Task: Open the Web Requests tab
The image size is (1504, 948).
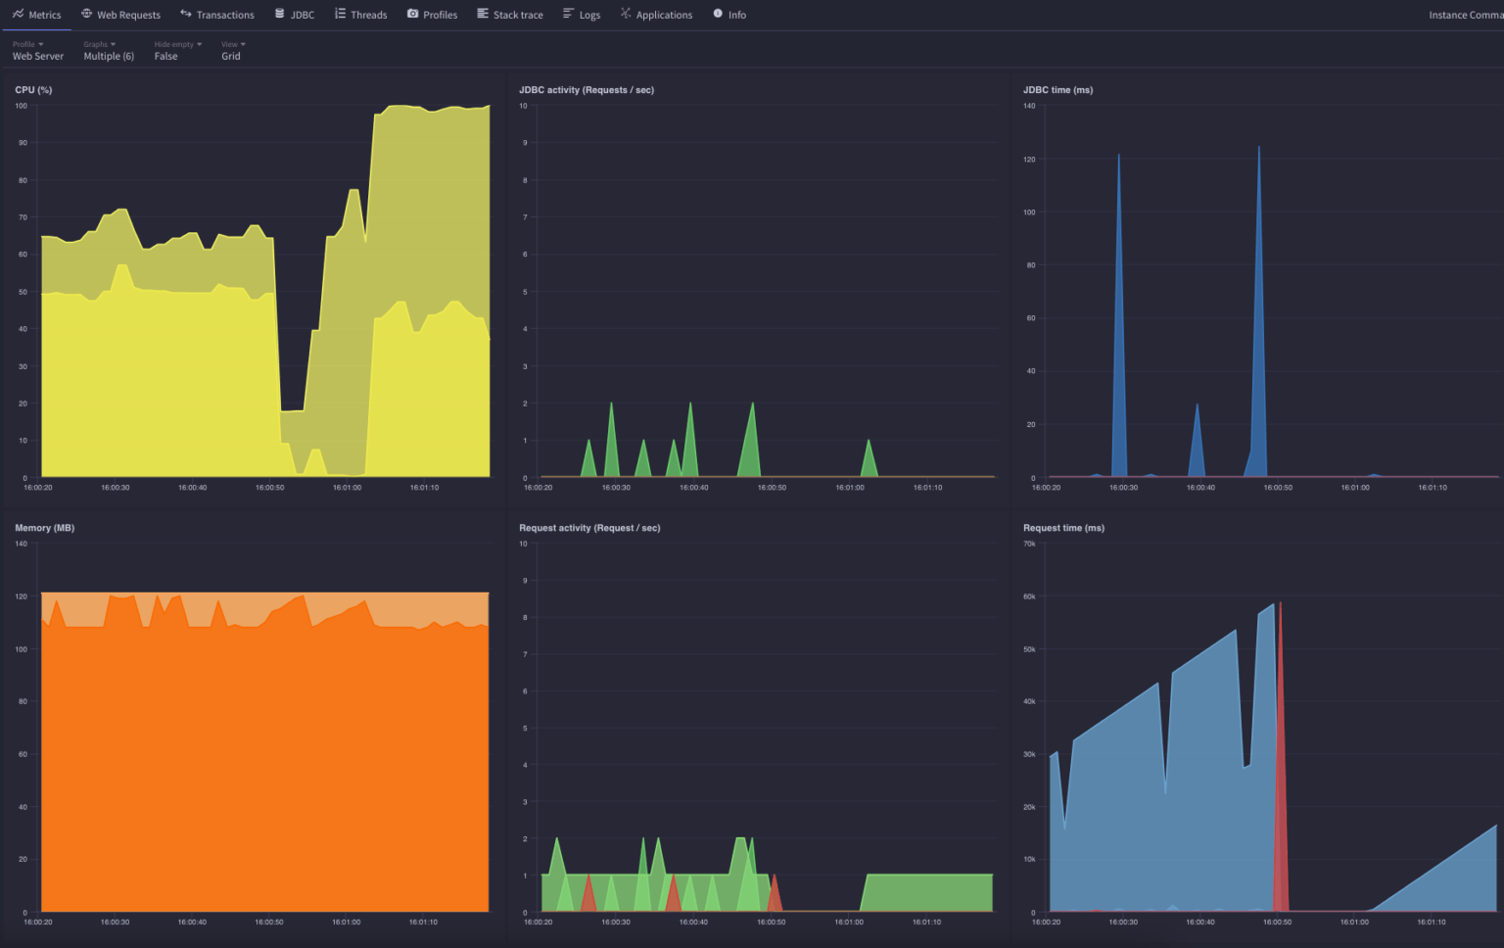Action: pyautogui.click(x=120, y=15)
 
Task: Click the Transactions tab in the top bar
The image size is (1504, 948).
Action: pyautogui.click(x=217, y=15)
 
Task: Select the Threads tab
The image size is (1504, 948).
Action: pyautogui.click(x=360, y=15)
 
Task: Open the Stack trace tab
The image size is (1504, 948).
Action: pyautogui.click(x=510, y=15)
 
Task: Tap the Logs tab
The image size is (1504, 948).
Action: pyautogui.click(x=582, y=15)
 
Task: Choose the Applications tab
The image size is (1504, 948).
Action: pyautogui.click(x=656, y=15)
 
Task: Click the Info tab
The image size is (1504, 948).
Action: pyautogui.click(x=729, y=15)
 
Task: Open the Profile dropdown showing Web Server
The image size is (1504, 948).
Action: pyautogui.click(x=37, y=51)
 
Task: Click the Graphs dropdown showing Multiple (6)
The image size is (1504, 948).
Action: pyautogui.click(x=108, y=51)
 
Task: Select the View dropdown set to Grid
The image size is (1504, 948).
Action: pyautogui.click(x=232, y=51)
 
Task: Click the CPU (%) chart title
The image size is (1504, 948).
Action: pyautogui.click(x=33, y=90)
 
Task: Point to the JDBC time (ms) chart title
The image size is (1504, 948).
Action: pyautogui.click(x=1057, y=90)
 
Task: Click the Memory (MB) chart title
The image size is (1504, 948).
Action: pyautogui.click(x=44, y=528)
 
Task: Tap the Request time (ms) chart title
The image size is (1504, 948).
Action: pyautogui.click(x=1063, y=528)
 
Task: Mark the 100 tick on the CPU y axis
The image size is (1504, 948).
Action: pyautogui.click(x=22, y=106)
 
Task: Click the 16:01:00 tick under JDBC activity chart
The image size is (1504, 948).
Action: pyautogui.click(x=849, y=488)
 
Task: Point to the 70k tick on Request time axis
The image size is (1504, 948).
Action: pyautogui.click(x=1029, y=544)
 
